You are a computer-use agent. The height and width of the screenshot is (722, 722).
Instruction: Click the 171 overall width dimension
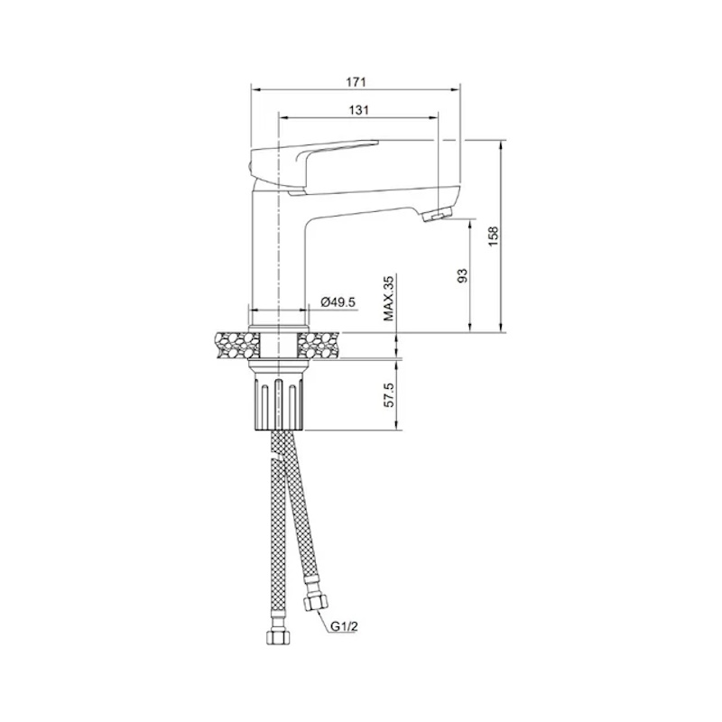coord(356,82)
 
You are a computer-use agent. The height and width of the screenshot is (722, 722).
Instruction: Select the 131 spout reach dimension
coord(358,110)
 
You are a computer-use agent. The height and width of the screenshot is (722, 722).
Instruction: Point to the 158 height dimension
coord(494,236)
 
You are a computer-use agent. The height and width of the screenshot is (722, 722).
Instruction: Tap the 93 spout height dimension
coord(463,275)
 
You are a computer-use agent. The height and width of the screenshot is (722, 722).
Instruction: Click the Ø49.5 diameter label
coord(338,302)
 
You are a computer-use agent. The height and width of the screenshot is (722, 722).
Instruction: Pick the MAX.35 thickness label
coord(389,299)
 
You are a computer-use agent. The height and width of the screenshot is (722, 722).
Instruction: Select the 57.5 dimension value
coord(389,394)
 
